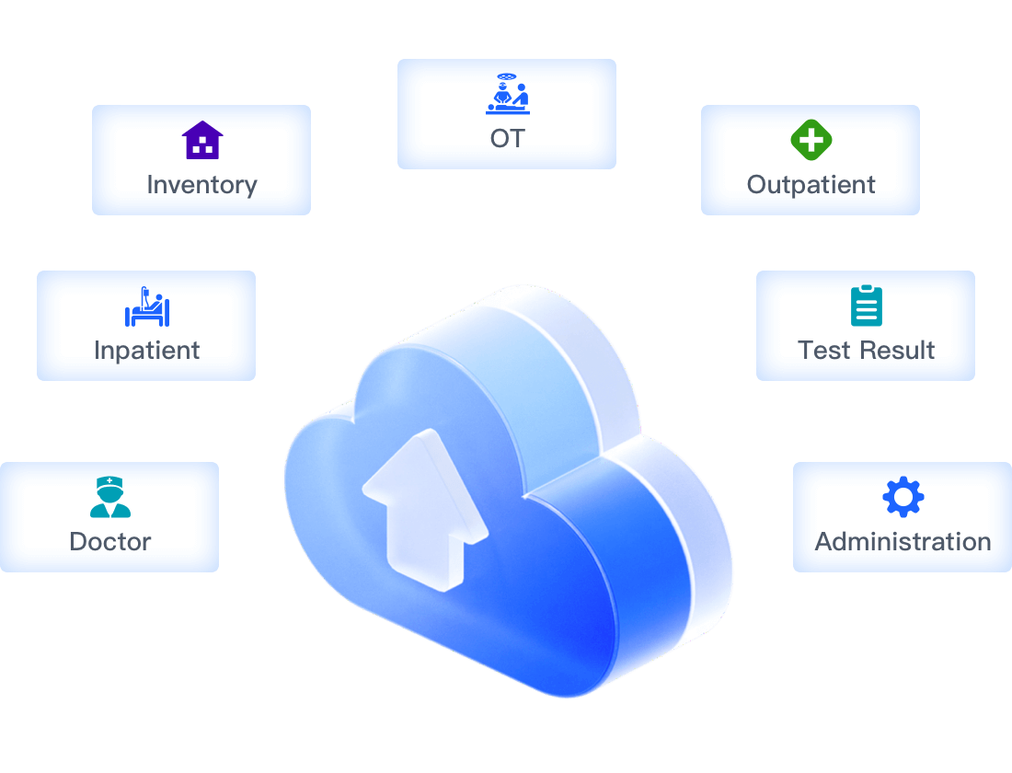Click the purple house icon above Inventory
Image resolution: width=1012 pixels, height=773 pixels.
pyautogui.click(x=202, y=141)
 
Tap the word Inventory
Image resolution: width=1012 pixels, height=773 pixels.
pyautogui.click(x=201, y=185)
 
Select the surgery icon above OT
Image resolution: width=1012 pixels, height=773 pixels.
pyautogui.click(x=507, y=94)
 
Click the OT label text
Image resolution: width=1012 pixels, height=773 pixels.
pyautogui.click(x=507, y=139)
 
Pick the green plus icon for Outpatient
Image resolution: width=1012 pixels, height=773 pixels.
pyautogui.click(x=811, y=141)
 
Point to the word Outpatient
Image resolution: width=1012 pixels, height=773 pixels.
pyautogui.click(x=811, y=185)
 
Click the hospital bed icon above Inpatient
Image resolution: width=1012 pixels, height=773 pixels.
pyautogui.click(x=147, y=307)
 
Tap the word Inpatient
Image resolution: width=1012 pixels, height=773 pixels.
pyautogui.click(x=146, y=351)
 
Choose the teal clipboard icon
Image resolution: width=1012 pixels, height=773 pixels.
pyautogui.click(x=867, y=306)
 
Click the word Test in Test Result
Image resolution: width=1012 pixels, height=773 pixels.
pyautogui.click(x=823, y=351)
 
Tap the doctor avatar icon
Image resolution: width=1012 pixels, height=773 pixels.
pyautogui.click(x=110, y=498)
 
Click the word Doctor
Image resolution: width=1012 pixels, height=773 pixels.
pyautogui.click(x=109, y=541)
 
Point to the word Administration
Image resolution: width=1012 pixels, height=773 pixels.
pyautogui.click(x=903, y=541)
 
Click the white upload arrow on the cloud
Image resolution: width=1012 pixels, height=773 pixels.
pyautogui.click(x=423, y=511)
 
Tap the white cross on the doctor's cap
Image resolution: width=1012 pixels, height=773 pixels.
pyautogui.click(x=110, y=480)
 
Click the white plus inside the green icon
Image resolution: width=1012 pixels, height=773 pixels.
pyautogui.click(x=811, y=141)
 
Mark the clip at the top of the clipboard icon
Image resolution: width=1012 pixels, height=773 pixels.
pyautogui.click(x=867, y=290)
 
